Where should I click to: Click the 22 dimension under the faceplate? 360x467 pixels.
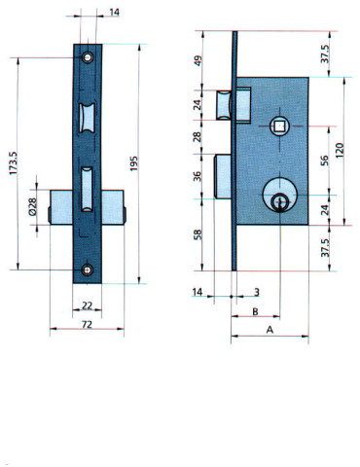pyautogui.click(x=87, y=304)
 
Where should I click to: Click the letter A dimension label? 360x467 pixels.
pyautogui.click(x=269, y=331)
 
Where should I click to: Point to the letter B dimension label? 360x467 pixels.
pyautogui.click(x=254, y=312)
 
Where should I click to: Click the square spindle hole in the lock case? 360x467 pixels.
pyautogui.click(x=281, y=126)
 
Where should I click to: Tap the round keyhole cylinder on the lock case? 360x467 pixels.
pyautogui.click(x=280, y=200)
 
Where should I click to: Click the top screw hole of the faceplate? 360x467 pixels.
pyautogui.click(x=88, y=57)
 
